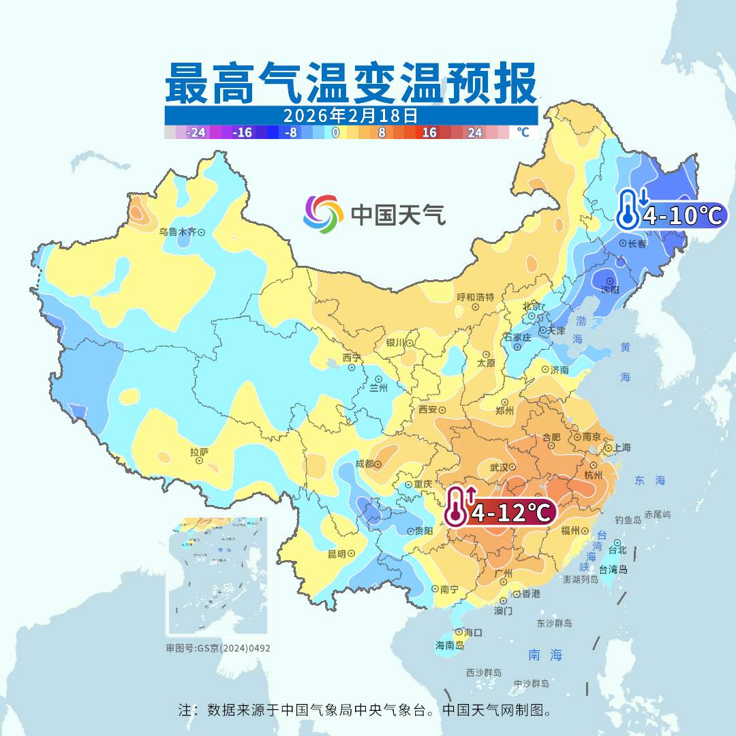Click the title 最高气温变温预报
pyautogui.click(x=351, y=83)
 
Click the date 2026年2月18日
pyautogui.click(x=351, y=114)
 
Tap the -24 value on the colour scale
pyautogui.click(x=197, y=132)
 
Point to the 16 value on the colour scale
pyautogui.click(x=429, y=132)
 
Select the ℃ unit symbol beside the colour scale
pyautogui.click(x=523, y=132)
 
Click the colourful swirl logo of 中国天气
pyautogui.click(x=323, y=214)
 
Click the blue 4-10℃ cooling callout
pyautogui.click(x=671, y=215)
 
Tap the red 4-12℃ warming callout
pyautogui.click(x=500, y=513)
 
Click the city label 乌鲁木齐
pyautogui.click(x=177, y=232)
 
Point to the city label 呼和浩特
pyautogui.click(x=475, y=297)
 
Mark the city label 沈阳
pyautogui.click(x=611, y=290)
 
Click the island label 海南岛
pyautogui.click(x=450, y=645)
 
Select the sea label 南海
pyautogui.click(x=545, y=655)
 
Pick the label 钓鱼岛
pyautogui.click(x=628, y=520)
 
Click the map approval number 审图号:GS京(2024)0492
pyautogui.click(x=217, y=648)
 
